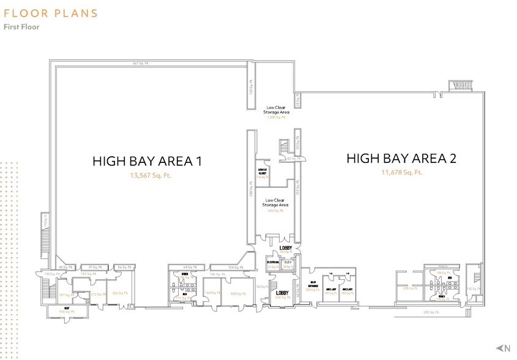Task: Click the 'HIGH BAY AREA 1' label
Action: [x=147, y=162]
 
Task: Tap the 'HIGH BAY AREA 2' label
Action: [x=401, y=159]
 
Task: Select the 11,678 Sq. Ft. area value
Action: [x=401, y=173]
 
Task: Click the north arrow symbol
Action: [x=505, y=348]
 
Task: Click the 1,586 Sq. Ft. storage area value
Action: [x=277, y=118]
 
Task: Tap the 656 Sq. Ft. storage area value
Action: [x=276, y=210]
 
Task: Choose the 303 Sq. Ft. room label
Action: [x=235, y=293]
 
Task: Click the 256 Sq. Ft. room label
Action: [x=119, y=293]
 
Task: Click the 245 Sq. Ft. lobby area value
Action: [x=282, y=298]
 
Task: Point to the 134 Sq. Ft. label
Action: [x=232, y=268]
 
